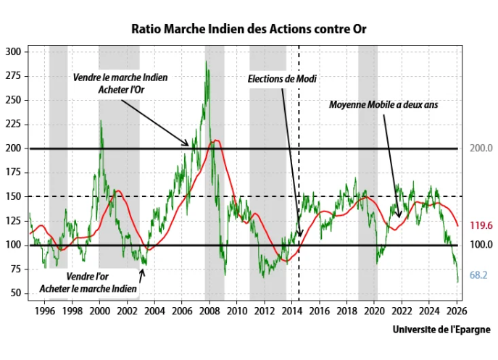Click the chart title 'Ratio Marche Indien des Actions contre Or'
coord(249,30)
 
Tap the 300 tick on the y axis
coord(13,52)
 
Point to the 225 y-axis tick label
coord(13,124)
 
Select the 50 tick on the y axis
coord(16,293)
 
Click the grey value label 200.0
coord(481,148)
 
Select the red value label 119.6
coord(481,225)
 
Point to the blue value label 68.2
coord(478,275)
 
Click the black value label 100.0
coord(481,245)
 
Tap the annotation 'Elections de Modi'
coord(282,78)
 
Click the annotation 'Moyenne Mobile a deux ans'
coord(383,104)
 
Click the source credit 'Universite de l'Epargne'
coord(441,329)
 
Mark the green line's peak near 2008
coord(207,62)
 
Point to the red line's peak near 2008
coord(215,141)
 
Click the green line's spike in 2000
coord(100,121)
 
